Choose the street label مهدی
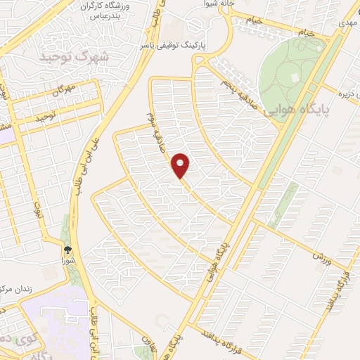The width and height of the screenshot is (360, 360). [x=347, y=22]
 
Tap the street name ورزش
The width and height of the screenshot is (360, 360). [x=321, y=257]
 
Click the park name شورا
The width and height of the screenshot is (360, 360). [x=69, y=259]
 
